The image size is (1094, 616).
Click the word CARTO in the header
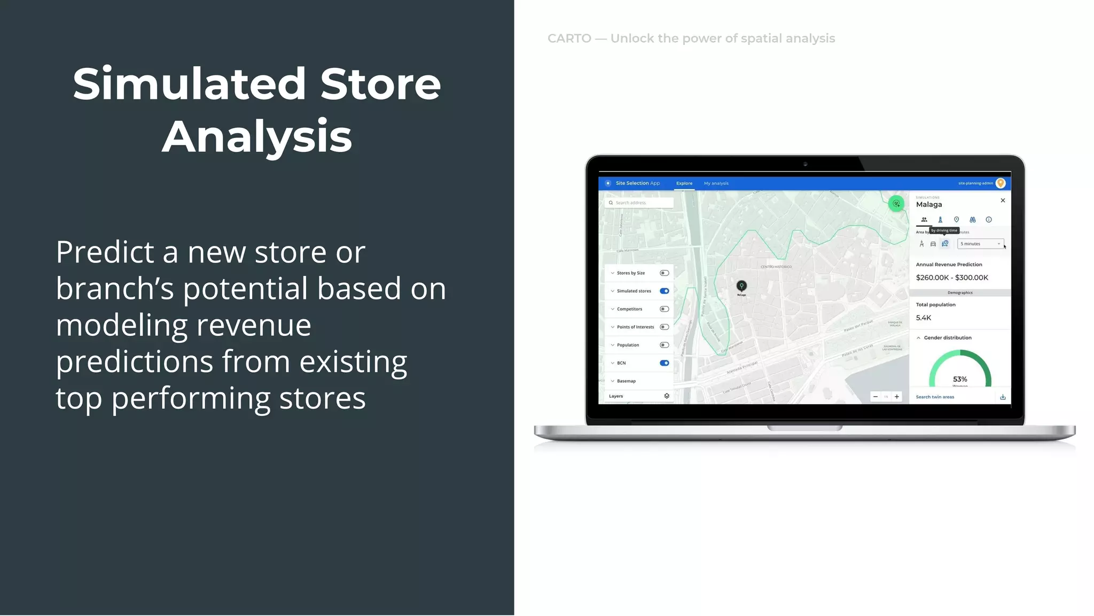click(569, 38)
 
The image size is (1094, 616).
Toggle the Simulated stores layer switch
click(664, 291)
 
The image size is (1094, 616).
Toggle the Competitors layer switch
click(664, 309)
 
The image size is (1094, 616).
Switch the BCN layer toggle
click(664, 363)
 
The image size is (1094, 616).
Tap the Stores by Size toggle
click(664, 273)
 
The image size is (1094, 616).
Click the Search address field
click(639, 203)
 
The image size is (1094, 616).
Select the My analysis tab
click(716, 183)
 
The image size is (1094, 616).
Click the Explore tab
click(684, 183)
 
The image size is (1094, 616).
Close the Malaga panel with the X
click(1003, 201)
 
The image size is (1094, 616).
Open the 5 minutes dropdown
click(980, 244)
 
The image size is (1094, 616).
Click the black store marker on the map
click(741, 286)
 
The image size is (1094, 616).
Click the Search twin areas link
click(935, 397)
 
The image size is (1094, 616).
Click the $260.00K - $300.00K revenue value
click(952, 278)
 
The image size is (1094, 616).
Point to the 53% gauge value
click(960, 379)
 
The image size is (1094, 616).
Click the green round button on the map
click(896, 203)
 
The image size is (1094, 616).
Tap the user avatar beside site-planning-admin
click(1001, 183)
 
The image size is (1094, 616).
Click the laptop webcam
click(805, 164)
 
